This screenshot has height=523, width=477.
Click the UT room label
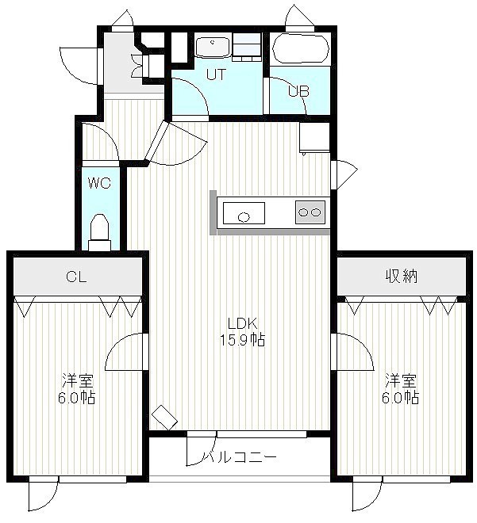pyautogui.click(x=216, y=74)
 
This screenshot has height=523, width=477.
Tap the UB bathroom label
pyautogui.click(x=299, y=91)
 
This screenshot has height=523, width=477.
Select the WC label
pyautogui.click(x=99, y=183)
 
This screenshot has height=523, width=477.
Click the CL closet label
pyautogui.click(x=76, y=277)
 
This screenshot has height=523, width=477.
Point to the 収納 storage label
pyautogui.click(x=402, y=277)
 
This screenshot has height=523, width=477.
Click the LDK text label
pyautogui.click(x=242, y=323)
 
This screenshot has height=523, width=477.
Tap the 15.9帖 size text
pyautogui.click(x=243, y=340)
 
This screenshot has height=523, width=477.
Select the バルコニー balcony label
pyautogui.click(x=240, y=456)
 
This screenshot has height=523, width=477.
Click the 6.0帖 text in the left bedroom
pyautogui.click(x=77, y=397)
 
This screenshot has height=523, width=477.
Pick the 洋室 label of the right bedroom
pyautogui.click(x=401, y=381)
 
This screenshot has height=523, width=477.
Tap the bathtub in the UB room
pyautogui.click(x=301, y=48)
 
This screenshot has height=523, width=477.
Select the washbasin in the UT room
pyautogui.click(x=213, y=47)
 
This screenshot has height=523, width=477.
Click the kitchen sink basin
pyautogui.click(x=244, y=213)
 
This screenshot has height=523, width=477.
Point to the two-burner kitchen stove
pyautogui.click(x=310, y=212)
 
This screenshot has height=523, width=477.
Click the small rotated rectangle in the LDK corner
pyautogui.click(x=164, y=418)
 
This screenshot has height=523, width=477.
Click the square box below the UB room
pyautogui.click(x=314, y=137)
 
